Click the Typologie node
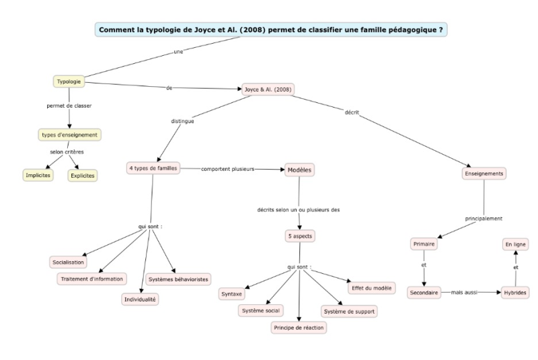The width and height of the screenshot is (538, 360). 69,81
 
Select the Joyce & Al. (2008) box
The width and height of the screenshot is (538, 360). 268,89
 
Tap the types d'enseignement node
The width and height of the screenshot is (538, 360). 70,135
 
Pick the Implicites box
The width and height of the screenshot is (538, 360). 38,176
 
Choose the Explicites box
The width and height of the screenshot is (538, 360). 83,176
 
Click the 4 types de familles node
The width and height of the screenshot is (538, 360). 153,168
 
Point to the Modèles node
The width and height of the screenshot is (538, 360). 299,170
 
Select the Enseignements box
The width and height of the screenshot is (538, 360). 484,174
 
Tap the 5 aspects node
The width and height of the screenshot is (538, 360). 300,236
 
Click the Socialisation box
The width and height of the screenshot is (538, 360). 69,262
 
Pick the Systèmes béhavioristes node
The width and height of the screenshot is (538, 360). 178,279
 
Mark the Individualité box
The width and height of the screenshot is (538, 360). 140,299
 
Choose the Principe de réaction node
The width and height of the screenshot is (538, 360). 299,328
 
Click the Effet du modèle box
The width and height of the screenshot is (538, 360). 372,288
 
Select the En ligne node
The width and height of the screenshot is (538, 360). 515,244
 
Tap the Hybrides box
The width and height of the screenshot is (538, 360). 515,293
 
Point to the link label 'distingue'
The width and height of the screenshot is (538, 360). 182,121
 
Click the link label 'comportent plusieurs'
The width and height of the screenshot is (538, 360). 228,169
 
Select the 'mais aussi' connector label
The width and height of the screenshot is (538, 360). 464,293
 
